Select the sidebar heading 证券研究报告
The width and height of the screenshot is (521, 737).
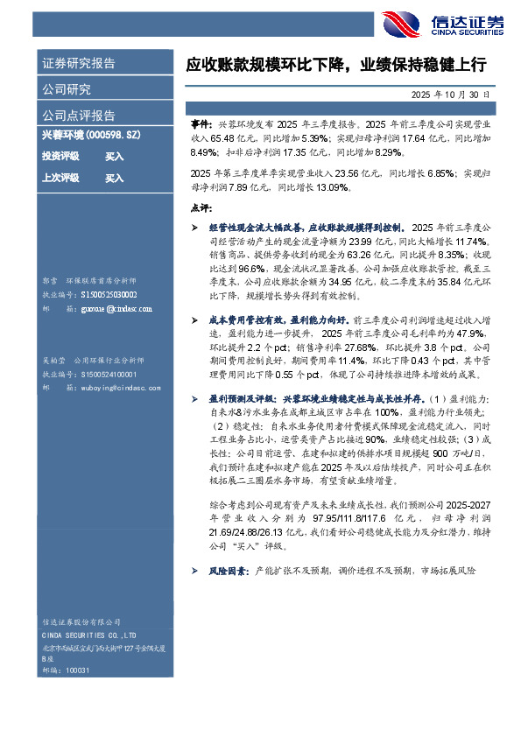79,63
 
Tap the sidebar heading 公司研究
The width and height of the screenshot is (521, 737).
67,88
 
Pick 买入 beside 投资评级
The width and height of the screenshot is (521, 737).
115,157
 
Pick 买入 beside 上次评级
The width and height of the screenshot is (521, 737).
115,178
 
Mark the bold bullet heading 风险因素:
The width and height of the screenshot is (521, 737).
227,570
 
